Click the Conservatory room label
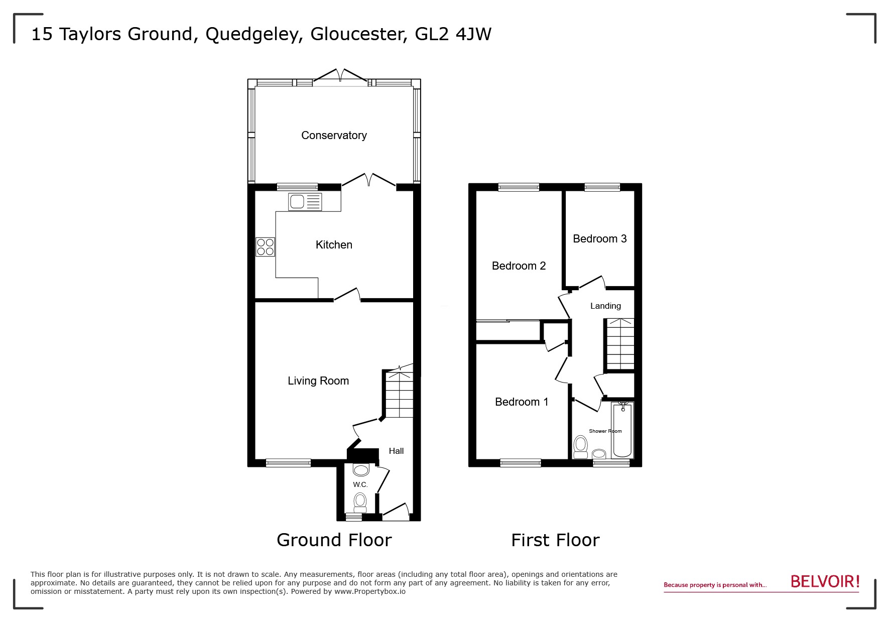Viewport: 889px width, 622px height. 334,135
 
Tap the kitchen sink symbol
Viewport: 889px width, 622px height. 305,202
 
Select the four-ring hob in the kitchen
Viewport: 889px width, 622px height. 266,246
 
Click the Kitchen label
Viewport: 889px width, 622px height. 334,244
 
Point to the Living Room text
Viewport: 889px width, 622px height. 318,381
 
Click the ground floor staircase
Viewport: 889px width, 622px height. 400,395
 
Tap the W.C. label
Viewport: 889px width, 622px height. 360,484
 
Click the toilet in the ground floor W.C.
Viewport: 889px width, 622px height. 360,501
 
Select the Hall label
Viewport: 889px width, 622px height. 396,451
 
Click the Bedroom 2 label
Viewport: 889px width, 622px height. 519,266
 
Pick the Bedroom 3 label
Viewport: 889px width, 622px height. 599,238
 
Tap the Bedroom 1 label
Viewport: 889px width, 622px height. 522,402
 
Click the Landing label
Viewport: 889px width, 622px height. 605,306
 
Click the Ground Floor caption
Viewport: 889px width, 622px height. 334,540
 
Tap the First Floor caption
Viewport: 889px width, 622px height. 555,540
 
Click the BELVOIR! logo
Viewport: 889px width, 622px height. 825,582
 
